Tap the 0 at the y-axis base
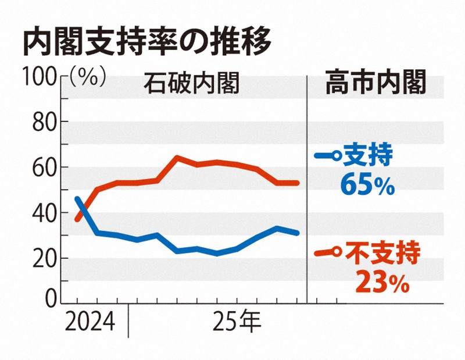[48, 300]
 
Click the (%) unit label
[87, 77]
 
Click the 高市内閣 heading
[376, 84]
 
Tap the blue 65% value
[368, 186]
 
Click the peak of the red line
[177, 157]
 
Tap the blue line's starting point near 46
[78, 199]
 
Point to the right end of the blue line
[297, 233]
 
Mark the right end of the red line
[297, 183]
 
